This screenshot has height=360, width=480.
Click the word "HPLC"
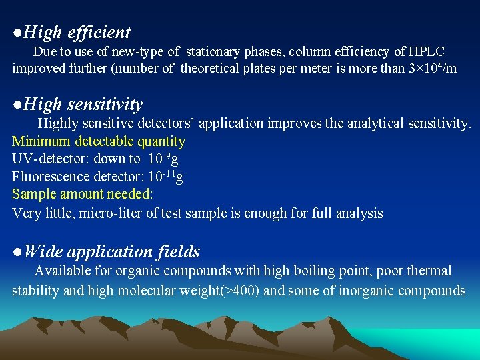tap(427, 51)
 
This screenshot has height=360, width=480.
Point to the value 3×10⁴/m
tap(432, 69)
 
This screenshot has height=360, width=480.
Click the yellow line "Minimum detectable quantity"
tap(99, 141)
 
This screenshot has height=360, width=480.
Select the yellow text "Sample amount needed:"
tap(83, 194)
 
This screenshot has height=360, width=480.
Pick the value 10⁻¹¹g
tap(165, 176)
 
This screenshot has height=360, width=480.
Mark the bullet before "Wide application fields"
tap(17, 252)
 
